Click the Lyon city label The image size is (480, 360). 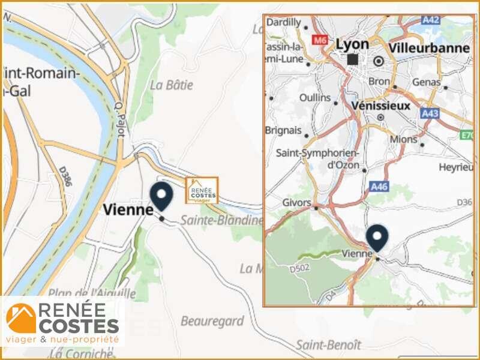352,44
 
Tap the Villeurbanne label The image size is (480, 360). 429,47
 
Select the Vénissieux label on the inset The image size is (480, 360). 381,105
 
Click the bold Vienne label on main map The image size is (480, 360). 128,209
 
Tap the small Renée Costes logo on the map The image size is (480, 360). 202,191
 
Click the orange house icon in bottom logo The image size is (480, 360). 21,319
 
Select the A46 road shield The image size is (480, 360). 379,187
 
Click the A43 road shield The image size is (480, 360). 430,113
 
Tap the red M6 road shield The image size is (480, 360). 319,40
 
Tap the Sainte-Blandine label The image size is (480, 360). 222,220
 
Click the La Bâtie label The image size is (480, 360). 172,85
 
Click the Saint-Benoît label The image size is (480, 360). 328,344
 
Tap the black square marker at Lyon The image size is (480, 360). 352,59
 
